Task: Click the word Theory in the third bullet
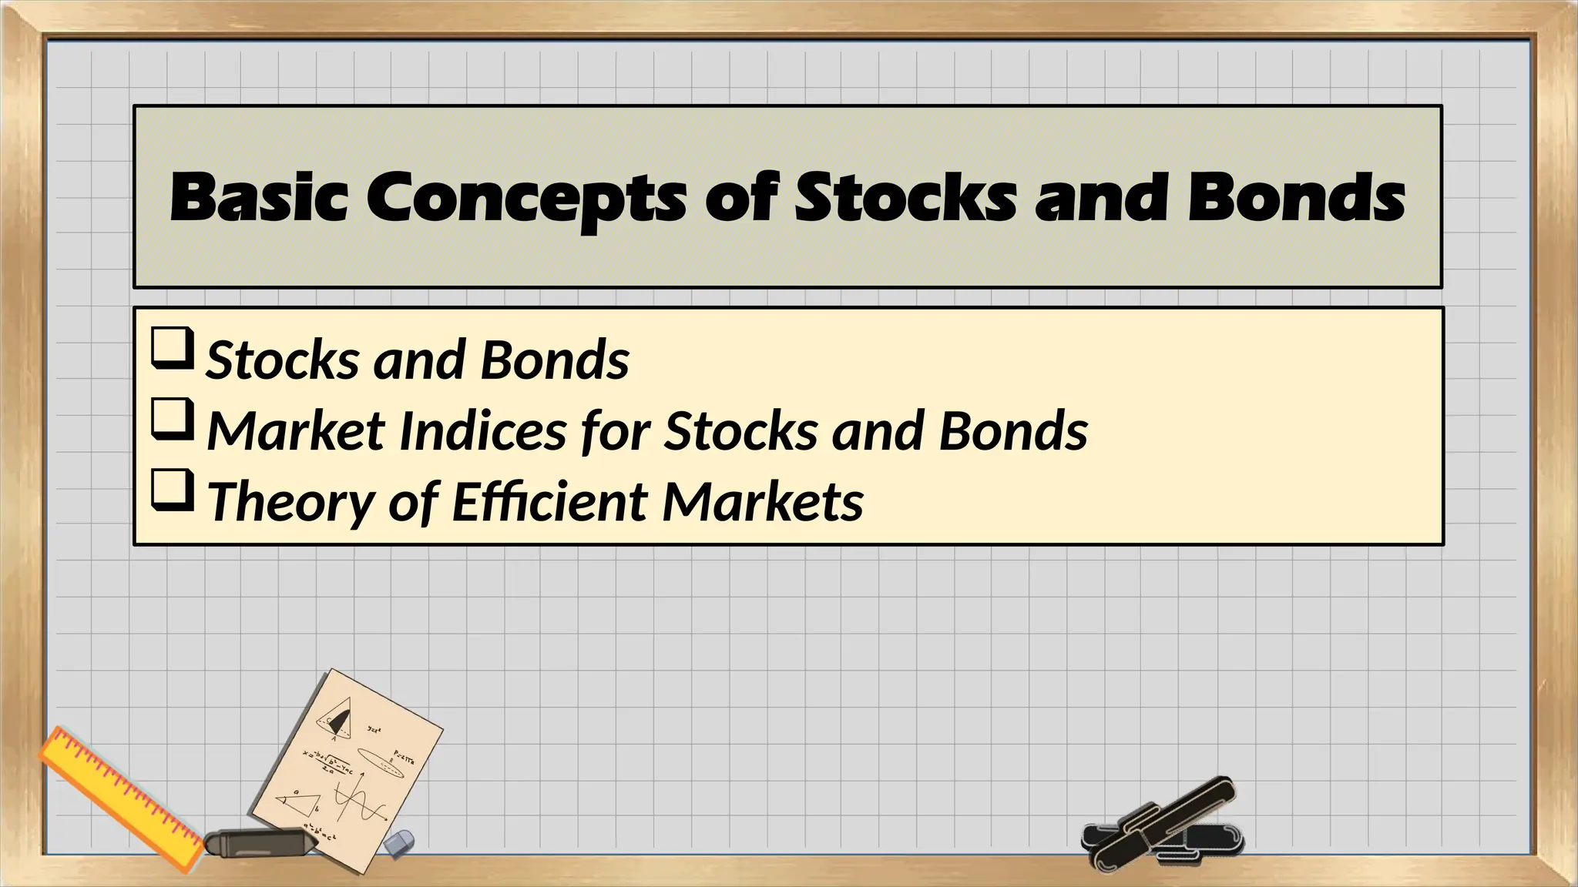pos(290,501)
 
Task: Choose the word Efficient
pos(548,501)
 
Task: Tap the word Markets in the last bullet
pos(763,501)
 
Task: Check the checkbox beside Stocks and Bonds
pos(171,348)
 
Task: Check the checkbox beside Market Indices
pos(171,419)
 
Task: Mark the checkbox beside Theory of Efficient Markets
pos(171,490)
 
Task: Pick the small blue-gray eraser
pos(399,843)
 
